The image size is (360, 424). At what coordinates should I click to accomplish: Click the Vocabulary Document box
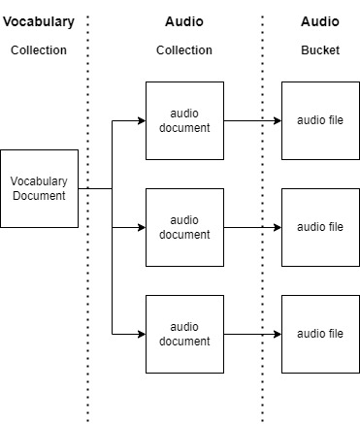click(x=39, y=188)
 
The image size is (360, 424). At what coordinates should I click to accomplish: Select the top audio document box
click(x=184, y=120)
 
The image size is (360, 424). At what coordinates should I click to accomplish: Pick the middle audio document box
click(x=184, y=227)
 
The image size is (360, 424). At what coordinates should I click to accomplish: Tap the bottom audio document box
click(x=184, y=334)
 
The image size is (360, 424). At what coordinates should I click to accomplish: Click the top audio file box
click(x=320, y=120)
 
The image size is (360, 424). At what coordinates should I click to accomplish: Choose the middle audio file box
click(x=320, y=227)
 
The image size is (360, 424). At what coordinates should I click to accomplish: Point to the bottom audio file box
click(x=320, y=334)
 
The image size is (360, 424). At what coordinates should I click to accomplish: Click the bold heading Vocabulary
click(x=39, y=21)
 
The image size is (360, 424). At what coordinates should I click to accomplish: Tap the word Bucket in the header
click(x=320, y=49)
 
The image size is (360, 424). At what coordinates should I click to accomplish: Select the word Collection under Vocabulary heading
click(x=39, y=49)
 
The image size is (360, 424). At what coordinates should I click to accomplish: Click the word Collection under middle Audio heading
click(x=184, y=49)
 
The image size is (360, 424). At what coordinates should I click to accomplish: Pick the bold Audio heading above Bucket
click(x=320, y=21)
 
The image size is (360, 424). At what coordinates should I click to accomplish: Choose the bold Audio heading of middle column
click(x=184, y=21)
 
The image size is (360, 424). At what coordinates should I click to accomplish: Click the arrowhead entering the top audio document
click(x=141, y=120)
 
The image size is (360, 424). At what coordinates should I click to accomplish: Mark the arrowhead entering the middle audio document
click(x=141, y=227)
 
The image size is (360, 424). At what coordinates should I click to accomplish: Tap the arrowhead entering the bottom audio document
click(x=141, y=334)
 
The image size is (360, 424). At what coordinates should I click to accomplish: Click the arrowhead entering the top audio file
click(x=277, y=120)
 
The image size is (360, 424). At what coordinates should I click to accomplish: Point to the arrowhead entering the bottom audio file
click(x=277, y=334)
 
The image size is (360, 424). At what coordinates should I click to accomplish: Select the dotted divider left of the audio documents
click(x=87, y=291)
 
